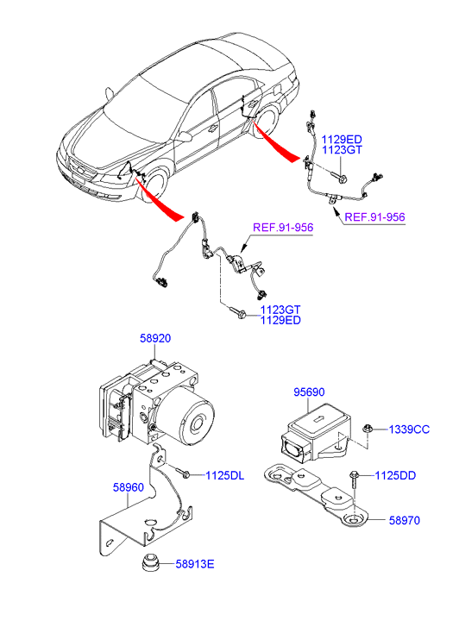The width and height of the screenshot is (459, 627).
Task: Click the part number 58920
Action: pos(155,338)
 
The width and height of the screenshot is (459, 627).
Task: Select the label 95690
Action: pos(309,392)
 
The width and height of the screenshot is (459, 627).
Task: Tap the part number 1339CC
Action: pos(409,429)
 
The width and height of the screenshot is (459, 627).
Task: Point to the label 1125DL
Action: pos(224,475)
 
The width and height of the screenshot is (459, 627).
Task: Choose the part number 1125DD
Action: pos(395,475)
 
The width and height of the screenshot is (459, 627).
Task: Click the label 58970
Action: pos(405,520)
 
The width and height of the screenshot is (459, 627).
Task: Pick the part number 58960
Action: pos(128,487)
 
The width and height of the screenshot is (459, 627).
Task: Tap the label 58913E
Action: pos(195,564)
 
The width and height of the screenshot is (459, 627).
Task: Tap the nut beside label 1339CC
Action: pos(367,429)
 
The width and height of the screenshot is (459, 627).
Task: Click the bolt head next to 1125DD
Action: pos(354,474)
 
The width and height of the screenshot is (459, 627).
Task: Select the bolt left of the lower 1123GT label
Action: pos(238,313)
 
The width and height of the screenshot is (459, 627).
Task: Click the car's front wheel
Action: pos(154,187)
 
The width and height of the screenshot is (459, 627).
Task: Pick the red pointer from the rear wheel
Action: pos(276,143)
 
